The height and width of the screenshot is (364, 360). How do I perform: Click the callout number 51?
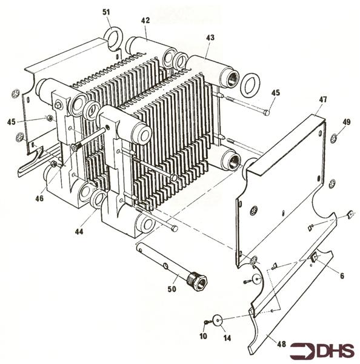point(107,12)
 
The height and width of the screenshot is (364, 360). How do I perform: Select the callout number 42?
point(145,20)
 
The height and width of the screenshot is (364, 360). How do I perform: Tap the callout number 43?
point(210,38)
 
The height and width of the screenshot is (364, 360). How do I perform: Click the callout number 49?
point(346,122)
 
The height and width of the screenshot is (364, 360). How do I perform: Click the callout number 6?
point(342,276)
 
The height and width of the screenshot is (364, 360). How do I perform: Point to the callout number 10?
point(204,335)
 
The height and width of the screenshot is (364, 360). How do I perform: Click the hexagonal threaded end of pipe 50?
point(198,281)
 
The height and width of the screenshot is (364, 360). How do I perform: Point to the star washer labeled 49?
point(334,140)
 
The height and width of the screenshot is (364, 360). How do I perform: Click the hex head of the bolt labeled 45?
point(267,112)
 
